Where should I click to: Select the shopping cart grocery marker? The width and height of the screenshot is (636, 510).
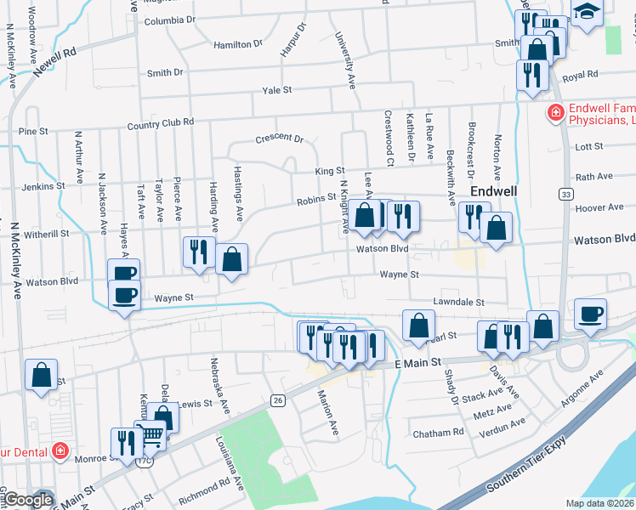[x=150, y=436]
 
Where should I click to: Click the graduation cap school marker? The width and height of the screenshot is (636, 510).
[x=587, y=14]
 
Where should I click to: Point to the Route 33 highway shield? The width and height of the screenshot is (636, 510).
[x=565, y=195]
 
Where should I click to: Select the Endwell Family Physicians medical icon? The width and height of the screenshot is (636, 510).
[x=554, y=111]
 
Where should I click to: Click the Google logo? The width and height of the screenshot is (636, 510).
[x=28, y=500]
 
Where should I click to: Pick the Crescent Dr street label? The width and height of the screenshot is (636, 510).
[x=279, y=139]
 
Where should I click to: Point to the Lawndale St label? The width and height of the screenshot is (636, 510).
[x=457, y=302]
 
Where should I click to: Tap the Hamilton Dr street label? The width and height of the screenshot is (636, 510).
[x=238, y=44]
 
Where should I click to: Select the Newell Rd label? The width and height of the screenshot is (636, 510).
[x=54, y=65]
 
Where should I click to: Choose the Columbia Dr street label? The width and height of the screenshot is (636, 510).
[x=170, y=20]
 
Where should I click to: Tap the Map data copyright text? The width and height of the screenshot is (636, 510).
[x=600, y=503]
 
